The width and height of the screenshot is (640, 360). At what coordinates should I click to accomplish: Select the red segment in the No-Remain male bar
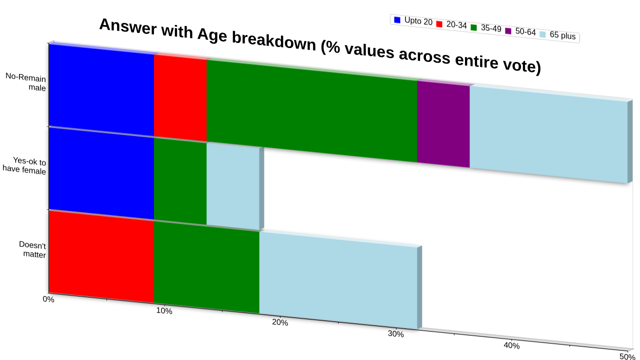pyautogui.click(x=180, y=97)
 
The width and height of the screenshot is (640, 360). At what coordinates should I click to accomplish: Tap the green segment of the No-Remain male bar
pyautogui.click(x=311, y=110)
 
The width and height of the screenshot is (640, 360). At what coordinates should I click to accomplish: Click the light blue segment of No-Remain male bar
pyautogui.click(x=548, y=134)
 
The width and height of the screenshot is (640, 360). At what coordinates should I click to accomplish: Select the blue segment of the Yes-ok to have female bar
pyautogui.click(x=101, y=173)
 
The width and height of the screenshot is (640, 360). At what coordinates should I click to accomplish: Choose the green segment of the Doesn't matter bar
pyautogui.click(x=206, y=267)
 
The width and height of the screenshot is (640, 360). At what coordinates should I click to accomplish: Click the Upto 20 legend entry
pyautogui.click(x=413, y=21)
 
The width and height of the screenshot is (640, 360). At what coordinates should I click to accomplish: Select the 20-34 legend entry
pyautogui.click(x=451, y=24)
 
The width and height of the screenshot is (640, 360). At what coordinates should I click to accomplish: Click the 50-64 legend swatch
pyautogui.click(x=508, y=30)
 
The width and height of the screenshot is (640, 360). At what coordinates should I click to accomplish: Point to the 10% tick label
pyautogui.click(x=164, y=311)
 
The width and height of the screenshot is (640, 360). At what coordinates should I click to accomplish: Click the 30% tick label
pyautogui.click(x=395, y=333)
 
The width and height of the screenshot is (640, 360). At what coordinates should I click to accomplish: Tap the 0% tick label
pyautogui.click(x=48, y=299)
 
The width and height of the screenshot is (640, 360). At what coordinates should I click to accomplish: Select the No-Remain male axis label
pyautogui.click(x=25, y=82)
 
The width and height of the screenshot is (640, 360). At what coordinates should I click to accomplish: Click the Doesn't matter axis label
pyautogui.click(x=32, y=249)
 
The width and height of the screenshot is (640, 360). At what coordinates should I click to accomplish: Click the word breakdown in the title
pyautogui.click(x=273, y=41)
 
